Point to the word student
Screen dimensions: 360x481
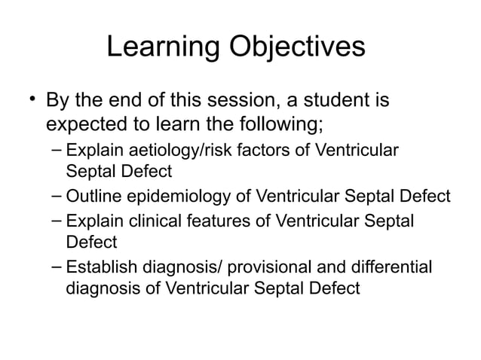[335, 100]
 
